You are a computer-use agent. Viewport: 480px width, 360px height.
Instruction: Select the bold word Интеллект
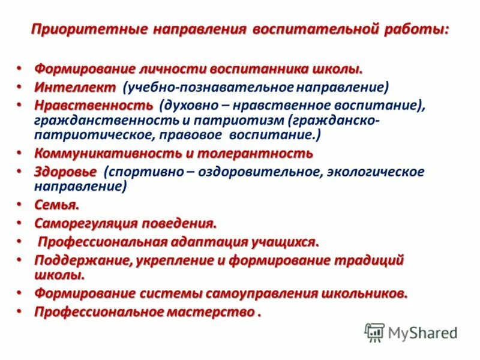pyautogui.click(x=75, y=88)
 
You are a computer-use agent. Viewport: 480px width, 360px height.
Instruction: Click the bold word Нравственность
pyautogui.click(x=94, y=106)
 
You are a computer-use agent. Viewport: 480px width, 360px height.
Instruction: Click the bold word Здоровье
pyautogui.click(x=65, y=172)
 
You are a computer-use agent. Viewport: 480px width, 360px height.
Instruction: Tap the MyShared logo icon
pyautogui.click(x=374, y=332)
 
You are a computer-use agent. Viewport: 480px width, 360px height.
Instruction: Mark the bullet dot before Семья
pyautogui.click(x=19, y=205)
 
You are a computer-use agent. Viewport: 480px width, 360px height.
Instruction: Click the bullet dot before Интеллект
pyautogui.click(x=19, y=87)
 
